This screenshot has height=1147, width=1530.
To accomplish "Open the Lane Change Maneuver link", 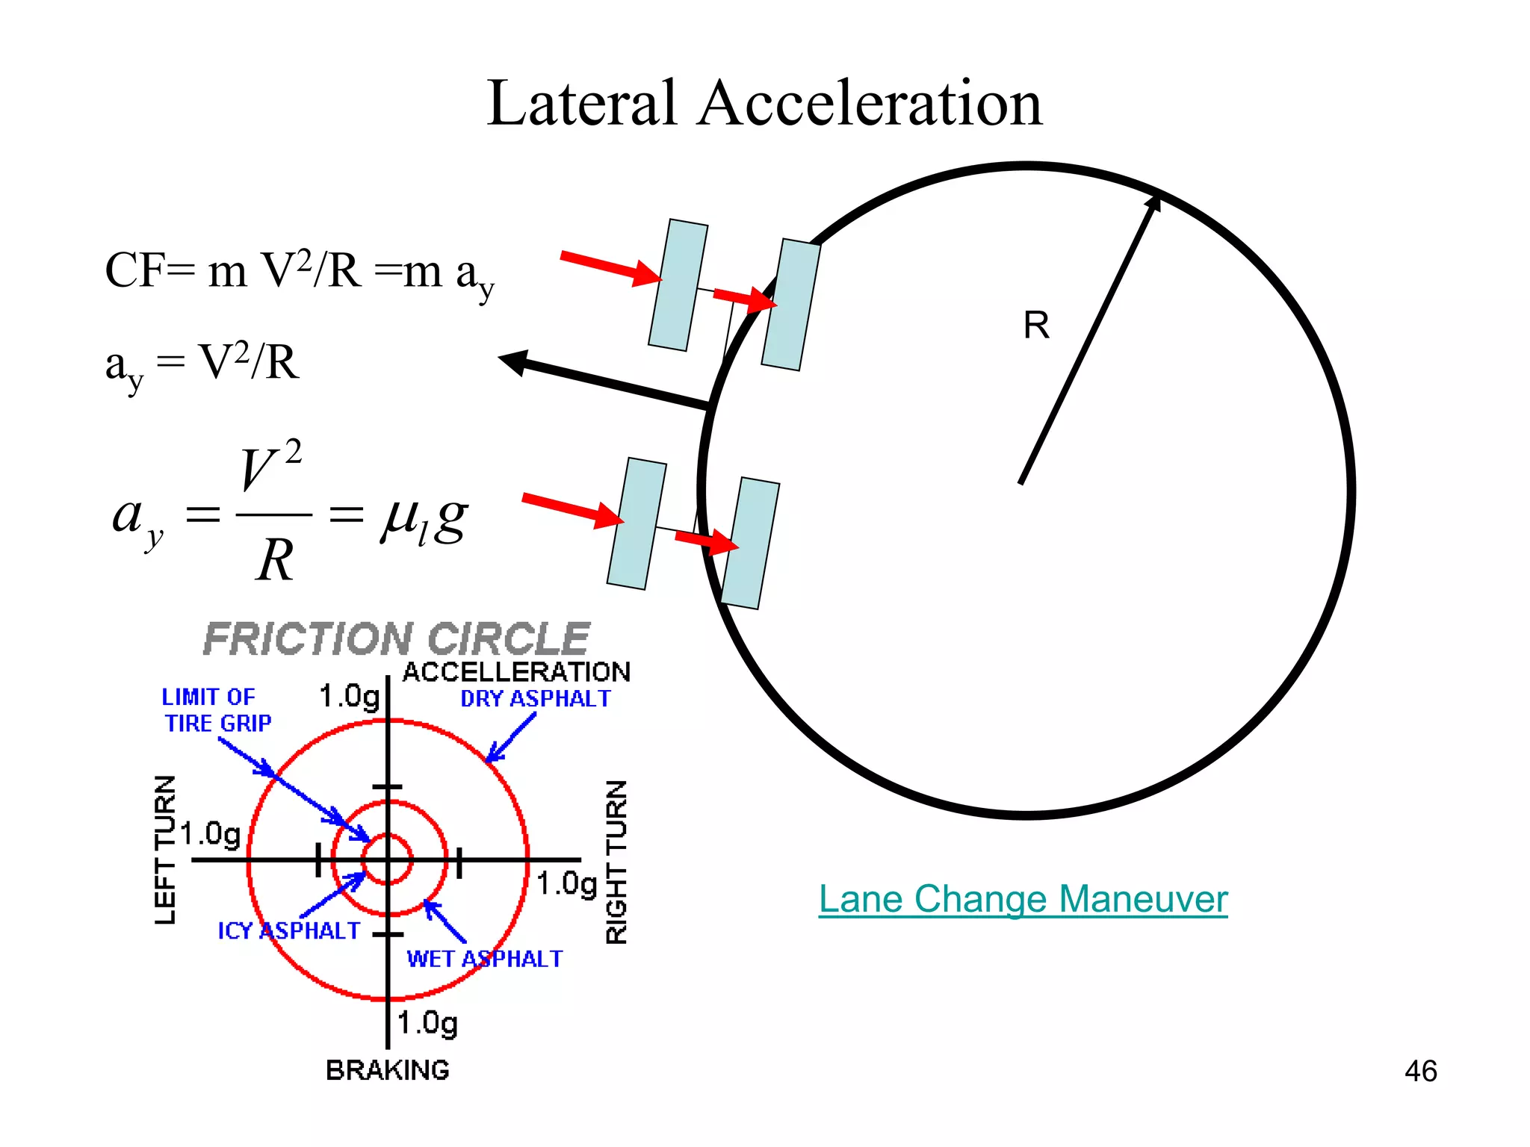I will pos(1023,899).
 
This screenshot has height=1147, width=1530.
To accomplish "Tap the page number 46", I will pos(1420,1071).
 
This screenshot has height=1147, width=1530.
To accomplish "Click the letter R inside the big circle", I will pos(1036,326).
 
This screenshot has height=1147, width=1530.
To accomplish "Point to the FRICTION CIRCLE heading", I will pos(397,639).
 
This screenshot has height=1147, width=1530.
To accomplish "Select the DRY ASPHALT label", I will pos(535,699).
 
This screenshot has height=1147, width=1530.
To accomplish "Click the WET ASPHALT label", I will pos(484,959).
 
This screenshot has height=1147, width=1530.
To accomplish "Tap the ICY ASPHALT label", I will pos(288,931).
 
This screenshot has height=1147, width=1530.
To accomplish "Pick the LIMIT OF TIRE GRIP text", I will pos(217,710).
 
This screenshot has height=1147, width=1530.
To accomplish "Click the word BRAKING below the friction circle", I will pos(388,1070).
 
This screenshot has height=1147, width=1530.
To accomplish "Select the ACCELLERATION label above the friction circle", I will pos(516,672).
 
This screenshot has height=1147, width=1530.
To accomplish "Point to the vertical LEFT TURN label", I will pos(165,849).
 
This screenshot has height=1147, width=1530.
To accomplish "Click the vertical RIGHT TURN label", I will pos(616,862).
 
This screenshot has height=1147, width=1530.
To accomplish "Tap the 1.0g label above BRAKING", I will pos(427,1023).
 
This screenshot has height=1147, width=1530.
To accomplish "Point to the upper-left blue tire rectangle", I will pos(678,285).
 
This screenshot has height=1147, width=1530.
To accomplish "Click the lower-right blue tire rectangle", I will pos(750,543).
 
